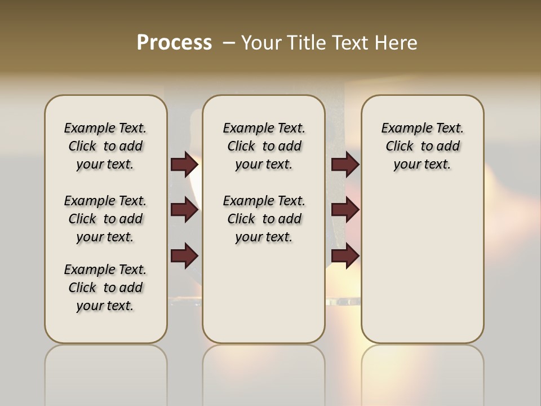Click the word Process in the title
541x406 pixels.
(x=174, y=43)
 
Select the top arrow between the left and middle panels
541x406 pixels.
(x=184, y=164)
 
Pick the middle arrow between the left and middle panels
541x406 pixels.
(x=184, y=210)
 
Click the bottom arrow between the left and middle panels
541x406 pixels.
(x=184, y=255)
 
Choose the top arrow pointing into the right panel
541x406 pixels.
(x=345, y=164)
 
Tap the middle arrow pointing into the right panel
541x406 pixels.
(x=345, y=210)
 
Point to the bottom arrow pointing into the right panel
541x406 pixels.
(x=345, y=255)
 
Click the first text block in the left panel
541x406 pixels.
(x=105, y=146)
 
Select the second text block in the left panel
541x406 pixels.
(x=105, y=219)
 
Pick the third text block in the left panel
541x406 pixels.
(x=105, y=288)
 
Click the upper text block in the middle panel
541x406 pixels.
(x=264, y=146)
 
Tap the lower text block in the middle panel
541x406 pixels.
(x=264, y=219)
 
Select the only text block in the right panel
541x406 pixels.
(x=422, y=146)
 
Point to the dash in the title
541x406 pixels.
(x=229, y=43)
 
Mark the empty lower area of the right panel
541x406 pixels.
(x=422, y=265)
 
